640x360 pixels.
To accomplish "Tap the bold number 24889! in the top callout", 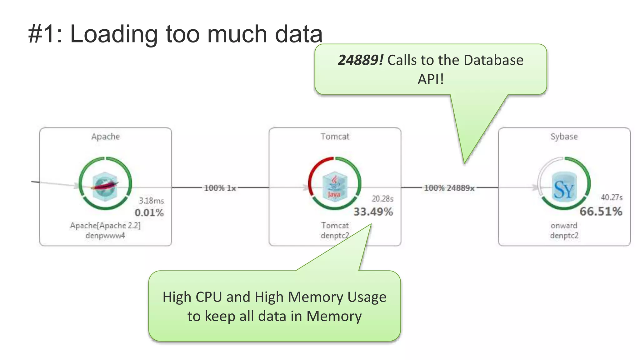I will (360, 60).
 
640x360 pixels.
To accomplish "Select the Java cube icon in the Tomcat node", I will (335, 186).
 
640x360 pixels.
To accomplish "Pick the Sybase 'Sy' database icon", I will (564, 187).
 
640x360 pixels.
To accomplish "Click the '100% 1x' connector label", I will (220, 188).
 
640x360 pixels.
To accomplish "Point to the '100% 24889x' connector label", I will (449, 188).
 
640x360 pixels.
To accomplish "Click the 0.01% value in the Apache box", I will (149, 213).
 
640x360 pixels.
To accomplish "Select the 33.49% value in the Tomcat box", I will (373, 212).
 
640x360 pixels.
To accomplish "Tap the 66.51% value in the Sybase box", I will (601, 212).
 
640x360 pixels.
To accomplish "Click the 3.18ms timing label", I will (151, 201).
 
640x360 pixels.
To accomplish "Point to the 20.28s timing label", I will (382, 199).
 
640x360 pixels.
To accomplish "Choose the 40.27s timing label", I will (612, 197).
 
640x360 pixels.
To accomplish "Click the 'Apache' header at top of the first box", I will (105, 137).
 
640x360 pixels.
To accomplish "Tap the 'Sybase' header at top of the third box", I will (564, 137).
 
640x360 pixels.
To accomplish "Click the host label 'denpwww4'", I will (105, 235).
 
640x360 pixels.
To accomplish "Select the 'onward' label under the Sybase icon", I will (564, 225).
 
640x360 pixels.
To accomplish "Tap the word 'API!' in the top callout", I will (431, 79).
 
